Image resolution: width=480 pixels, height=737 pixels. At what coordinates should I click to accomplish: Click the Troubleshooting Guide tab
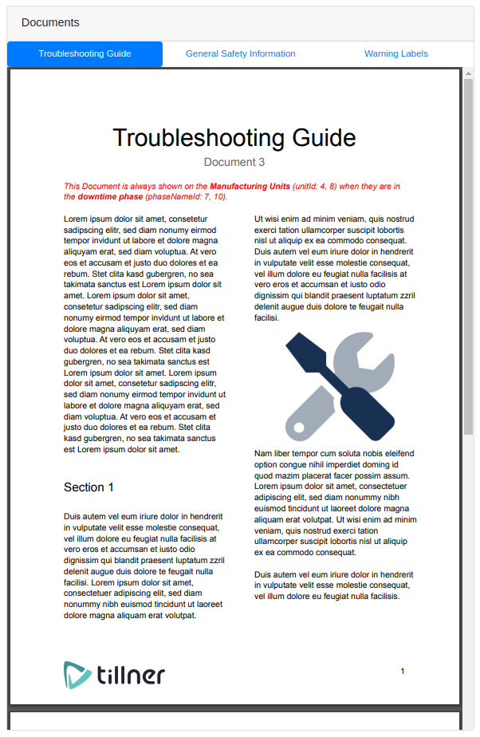pos(85,53)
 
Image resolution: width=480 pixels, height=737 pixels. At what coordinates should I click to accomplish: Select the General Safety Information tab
pos(240,53)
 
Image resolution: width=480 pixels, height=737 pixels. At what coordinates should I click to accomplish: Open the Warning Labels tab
pos(395,53)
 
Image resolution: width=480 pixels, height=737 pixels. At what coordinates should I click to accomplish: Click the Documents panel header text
pos(50,22)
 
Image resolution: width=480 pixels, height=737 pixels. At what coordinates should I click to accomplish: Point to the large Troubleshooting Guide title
pos(234,137)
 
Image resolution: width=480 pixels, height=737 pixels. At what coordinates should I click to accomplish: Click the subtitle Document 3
pos(234,162)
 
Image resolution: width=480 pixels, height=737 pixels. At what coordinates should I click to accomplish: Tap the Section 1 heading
pos(89,487)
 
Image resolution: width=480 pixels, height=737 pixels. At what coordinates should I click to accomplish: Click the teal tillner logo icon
pos(77,674)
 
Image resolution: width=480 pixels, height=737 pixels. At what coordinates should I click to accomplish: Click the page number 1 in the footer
pos(403,672)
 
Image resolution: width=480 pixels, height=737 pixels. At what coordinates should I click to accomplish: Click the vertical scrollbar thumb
pos(468,255)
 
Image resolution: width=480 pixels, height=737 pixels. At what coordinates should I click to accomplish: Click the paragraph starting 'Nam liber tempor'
pos(335,503)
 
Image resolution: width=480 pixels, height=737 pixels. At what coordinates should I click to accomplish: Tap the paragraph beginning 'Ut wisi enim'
pos(335,267)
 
